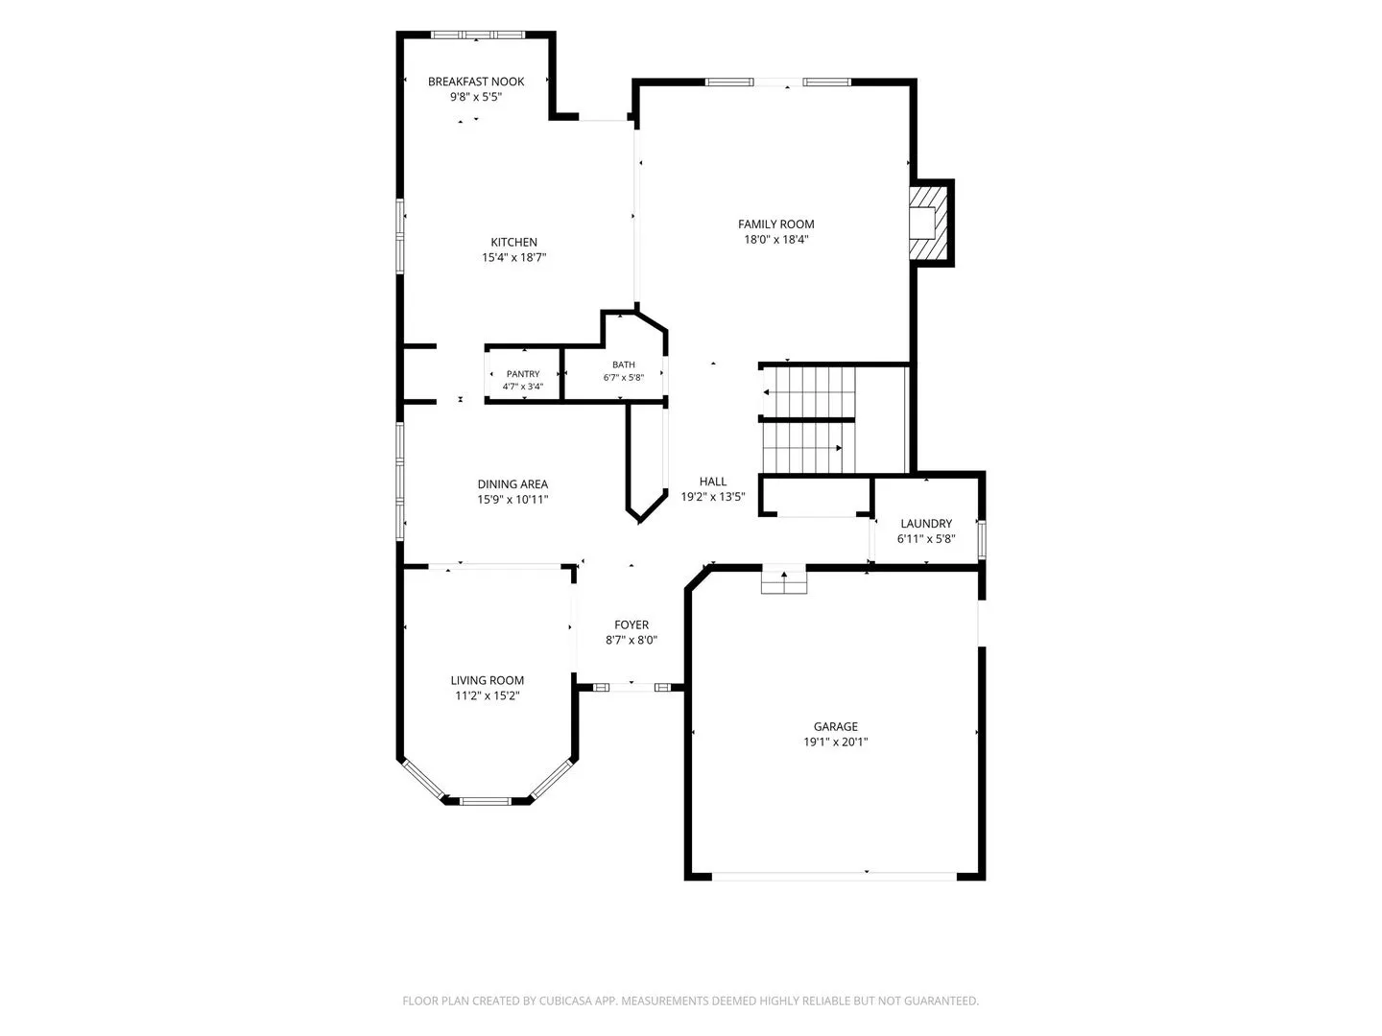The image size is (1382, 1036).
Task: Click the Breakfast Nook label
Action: (475, 82)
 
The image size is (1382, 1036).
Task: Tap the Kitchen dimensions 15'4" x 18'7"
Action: (513, 257)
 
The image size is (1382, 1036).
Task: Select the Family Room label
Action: (775, 224)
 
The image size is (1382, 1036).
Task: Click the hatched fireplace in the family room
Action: (929, 222)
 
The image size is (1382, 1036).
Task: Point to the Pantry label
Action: (523, 374)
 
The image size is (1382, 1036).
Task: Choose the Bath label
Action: (623, 365)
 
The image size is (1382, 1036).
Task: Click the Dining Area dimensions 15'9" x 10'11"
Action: (512, 500)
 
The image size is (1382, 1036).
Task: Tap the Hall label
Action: (713, 482)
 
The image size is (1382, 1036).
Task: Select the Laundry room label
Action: (926, 524)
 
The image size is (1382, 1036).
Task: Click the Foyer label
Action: (631, 624)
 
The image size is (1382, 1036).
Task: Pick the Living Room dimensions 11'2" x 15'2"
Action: (488, 695)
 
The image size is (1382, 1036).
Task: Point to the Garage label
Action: (836, 726)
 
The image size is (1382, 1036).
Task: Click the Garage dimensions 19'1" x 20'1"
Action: (836, 742)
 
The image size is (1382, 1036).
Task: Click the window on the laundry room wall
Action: (982, 539)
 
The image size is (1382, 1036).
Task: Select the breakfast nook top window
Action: (477, 35)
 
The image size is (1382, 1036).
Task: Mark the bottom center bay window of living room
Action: (486, 801)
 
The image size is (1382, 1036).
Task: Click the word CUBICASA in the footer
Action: (565, 1001)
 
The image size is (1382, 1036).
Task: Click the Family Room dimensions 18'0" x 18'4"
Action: (775, 239)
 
